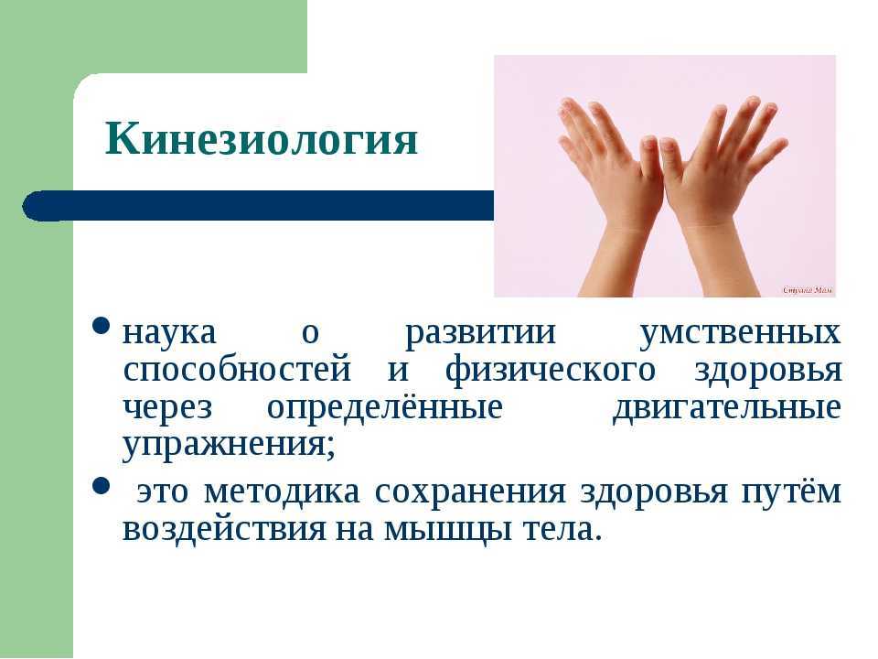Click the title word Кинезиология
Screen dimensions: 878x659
coord(262,138)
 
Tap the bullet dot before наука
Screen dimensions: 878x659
coord(101,326)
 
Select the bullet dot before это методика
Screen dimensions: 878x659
coord(101,486)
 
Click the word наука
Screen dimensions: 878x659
coord(169,332)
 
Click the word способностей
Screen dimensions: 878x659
coord(237,370)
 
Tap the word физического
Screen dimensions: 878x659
coord(551,372)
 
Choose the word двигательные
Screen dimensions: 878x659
coord(727,408)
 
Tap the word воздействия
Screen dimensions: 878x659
coord(224,530)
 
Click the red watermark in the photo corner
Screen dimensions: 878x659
coord(808,290)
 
